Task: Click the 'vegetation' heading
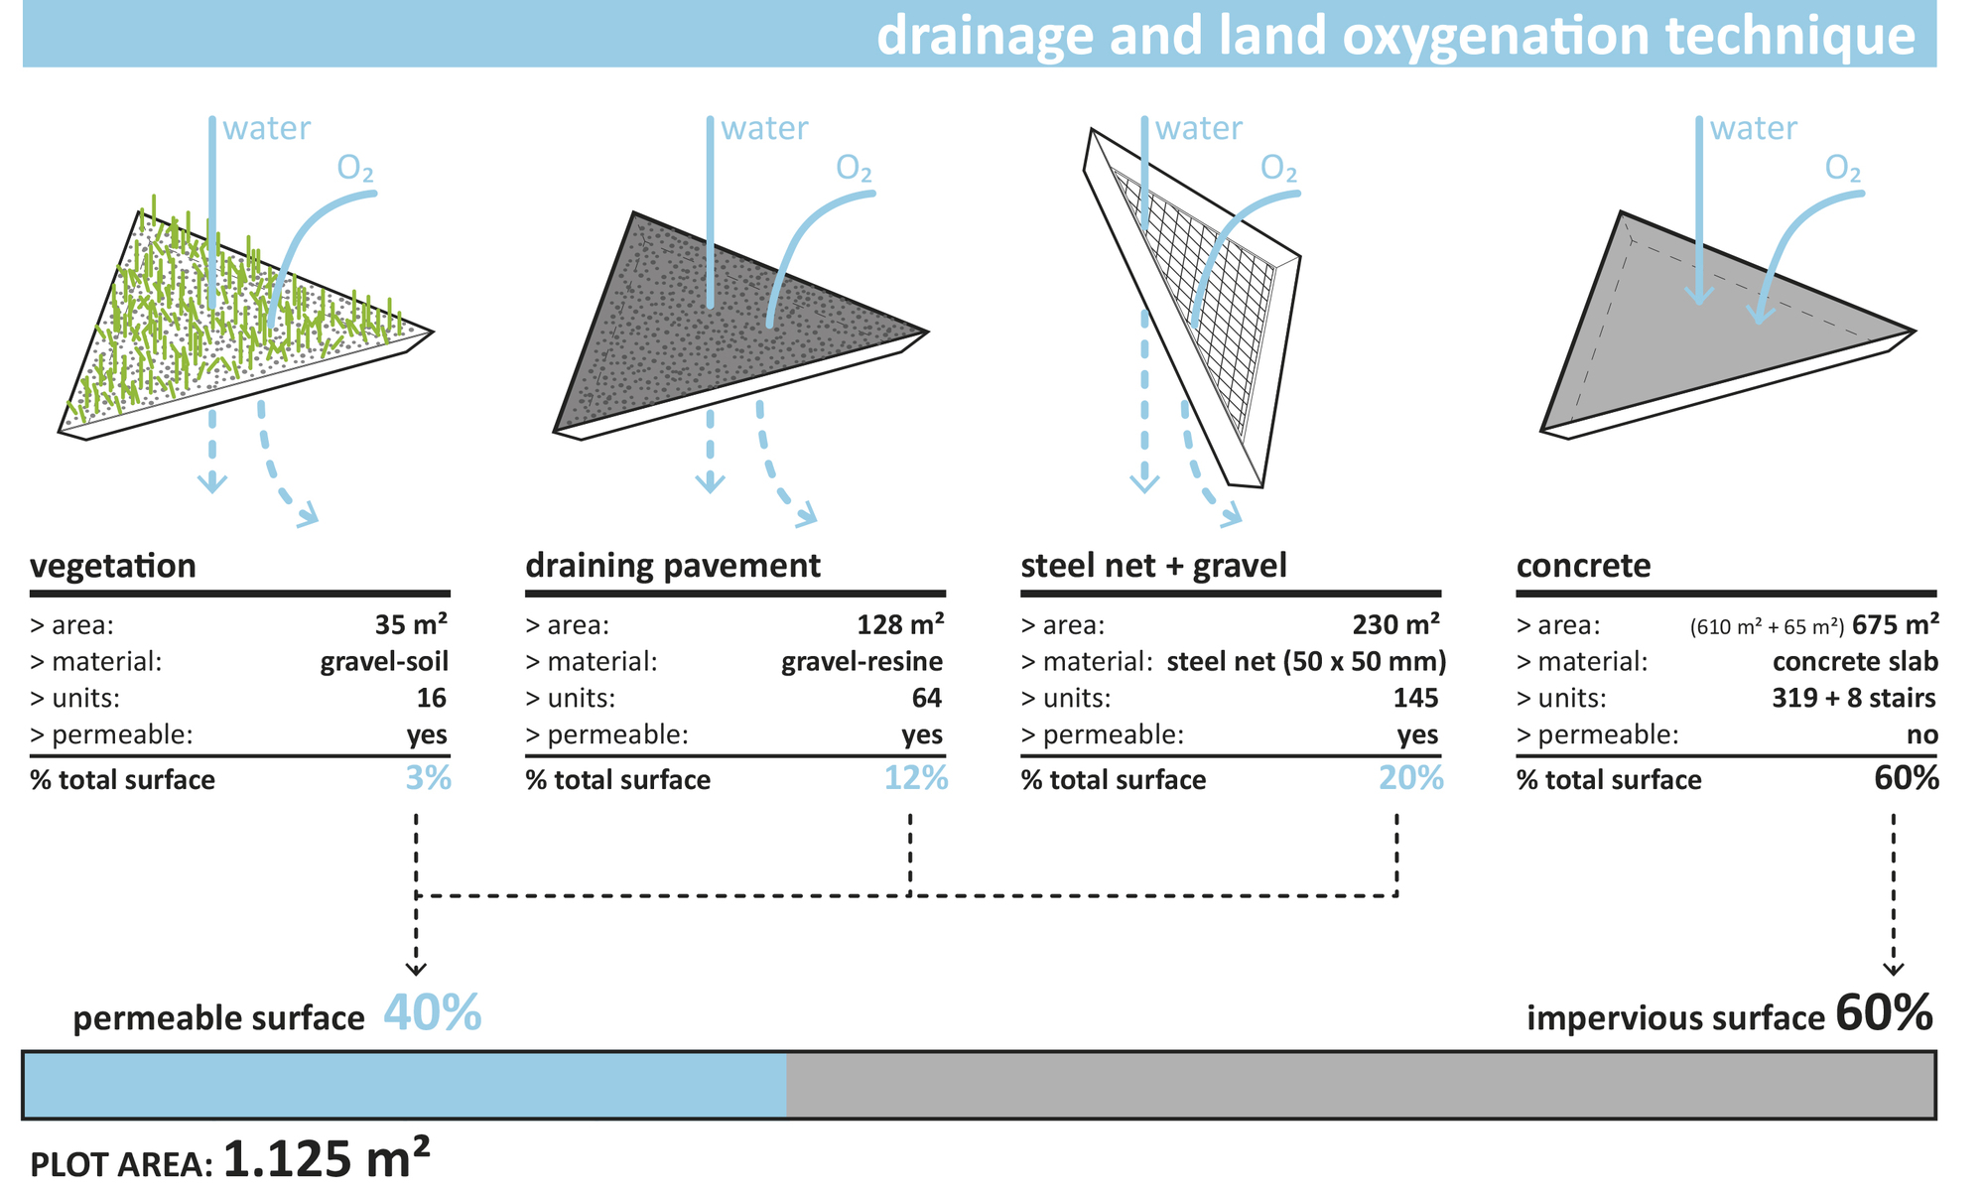coord(113,566)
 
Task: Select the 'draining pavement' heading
coord(673,566)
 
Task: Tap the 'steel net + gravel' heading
coord(1153,566)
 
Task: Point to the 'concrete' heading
coord(1583,566)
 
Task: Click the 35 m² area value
coord(411,624)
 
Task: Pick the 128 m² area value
coord(900,624)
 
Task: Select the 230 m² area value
coord(1395,624)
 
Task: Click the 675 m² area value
coord(1896,624)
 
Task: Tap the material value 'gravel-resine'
coord(862,661)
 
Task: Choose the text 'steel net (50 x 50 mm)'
coord(1306,661)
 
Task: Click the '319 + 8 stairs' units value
coord(1854,698)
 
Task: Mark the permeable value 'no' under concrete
coord(1922,734)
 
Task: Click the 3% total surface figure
coord(428,778)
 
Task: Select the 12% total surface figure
coord(916,778)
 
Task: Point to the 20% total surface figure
coord(1411,778)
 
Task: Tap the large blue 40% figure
coord(432,1013)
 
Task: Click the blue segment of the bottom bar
coord(405,1085)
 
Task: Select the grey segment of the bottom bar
coord(1360,1085)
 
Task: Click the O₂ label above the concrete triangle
coord(1843,170)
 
